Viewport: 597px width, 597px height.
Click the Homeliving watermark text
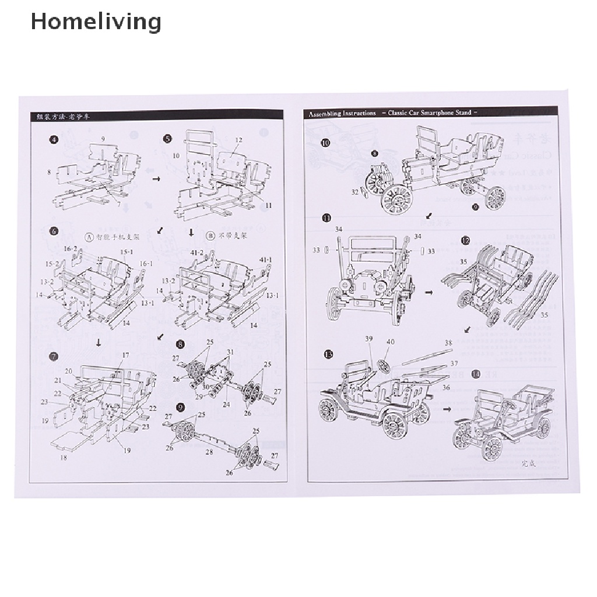[x=96, y=22]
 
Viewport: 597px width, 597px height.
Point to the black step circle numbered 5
[x=168, y=139]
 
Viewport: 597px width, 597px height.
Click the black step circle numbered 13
[x=329, y=354]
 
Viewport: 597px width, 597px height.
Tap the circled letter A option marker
[x=89, y=237]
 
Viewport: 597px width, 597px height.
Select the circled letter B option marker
[x=210, y=237]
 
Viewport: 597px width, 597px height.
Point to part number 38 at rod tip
[x=448, y=343]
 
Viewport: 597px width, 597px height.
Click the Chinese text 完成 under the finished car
[x=528, y=464]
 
